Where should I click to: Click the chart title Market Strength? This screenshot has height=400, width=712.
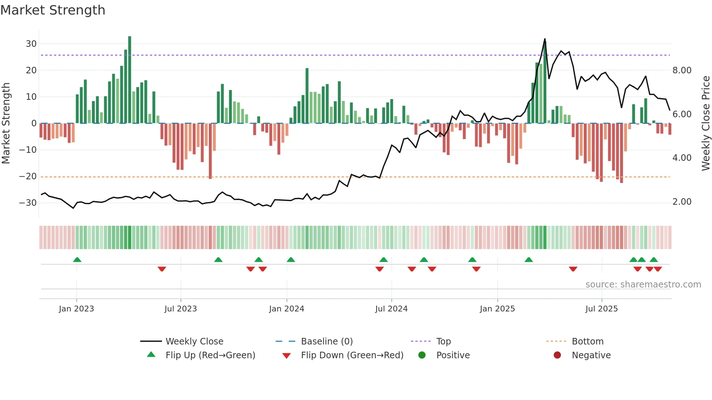(53, 10)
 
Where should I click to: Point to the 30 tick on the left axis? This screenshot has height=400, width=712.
(31, 44)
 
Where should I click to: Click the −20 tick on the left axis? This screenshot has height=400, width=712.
(28, 176)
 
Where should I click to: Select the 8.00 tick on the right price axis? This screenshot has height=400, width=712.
(682, 70)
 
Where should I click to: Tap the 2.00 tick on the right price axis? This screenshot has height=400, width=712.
(682, 202)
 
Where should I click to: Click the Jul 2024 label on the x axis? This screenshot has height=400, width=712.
(391, 309)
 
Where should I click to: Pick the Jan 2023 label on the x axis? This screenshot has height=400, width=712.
(76, 309)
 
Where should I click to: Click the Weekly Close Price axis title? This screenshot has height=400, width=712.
(705, 123)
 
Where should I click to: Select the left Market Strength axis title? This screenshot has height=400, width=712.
(6, 123)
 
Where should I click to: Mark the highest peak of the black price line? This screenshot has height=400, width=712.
(545, 39)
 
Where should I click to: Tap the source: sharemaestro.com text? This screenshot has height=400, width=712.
(643, 285)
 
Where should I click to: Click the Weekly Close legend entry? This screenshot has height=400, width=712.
(194, 342)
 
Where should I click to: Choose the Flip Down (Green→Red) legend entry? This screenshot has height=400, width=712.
(352, 355)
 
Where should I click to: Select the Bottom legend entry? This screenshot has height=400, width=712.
(587, 342)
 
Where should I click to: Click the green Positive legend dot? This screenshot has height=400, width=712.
(422, 355)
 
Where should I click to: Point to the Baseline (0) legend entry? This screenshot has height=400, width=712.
(327, 342)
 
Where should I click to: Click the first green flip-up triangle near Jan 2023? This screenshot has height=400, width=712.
(77, 260)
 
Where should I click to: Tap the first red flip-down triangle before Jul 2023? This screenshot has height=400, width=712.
(162, 269)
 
